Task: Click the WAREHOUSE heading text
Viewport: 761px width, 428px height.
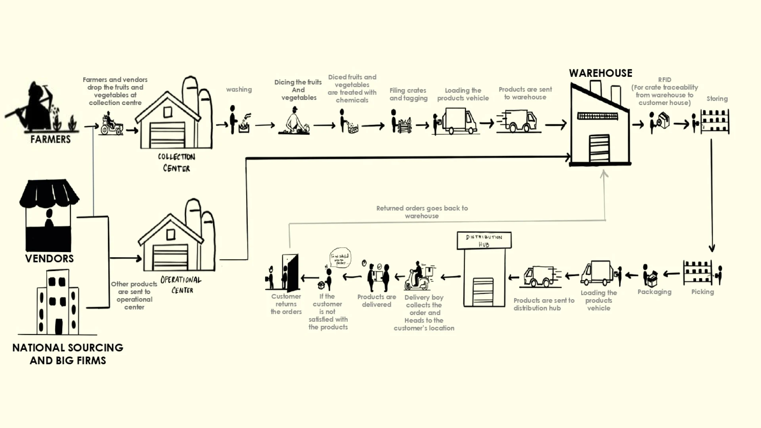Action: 600,73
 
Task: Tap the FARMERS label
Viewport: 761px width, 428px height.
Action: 50,139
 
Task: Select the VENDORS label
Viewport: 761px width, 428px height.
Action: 50,259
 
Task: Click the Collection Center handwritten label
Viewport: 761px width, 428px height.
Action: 176,162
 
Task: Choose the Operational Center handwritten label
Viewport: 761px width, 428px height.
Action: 181,285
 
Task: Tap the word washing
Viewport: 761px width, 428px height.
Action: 239,90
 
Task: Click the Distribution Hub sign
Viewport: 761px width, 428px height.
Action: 484,241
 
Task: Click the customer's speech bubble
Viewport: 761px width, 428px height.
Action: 340,258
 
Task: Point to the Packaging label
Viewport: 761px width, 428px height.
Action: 654,292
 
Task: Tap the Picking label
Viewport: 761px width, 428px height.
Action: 702,292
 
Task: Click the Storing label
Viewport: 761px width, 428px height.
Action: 717,99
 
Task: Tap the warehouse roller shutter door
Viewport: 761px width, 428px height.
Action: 599,148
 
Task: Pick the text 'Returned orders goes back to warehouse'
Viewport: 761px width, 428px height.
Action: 422,212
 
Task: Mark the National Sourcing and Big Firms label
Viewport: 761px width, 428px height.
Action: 68,354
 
